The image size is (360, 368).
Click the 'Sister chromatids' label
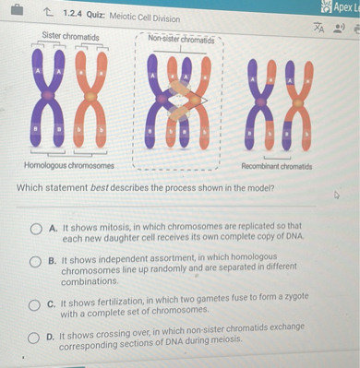click(x=70, y=37)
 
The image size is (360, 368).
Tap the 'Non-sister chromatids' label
click(x=181, y=40)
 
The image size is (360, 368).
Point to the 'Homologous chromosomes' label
click(x=69, y=165)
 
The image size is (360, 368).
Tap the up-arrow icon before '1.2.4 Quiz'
click(x=48, y=15)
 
